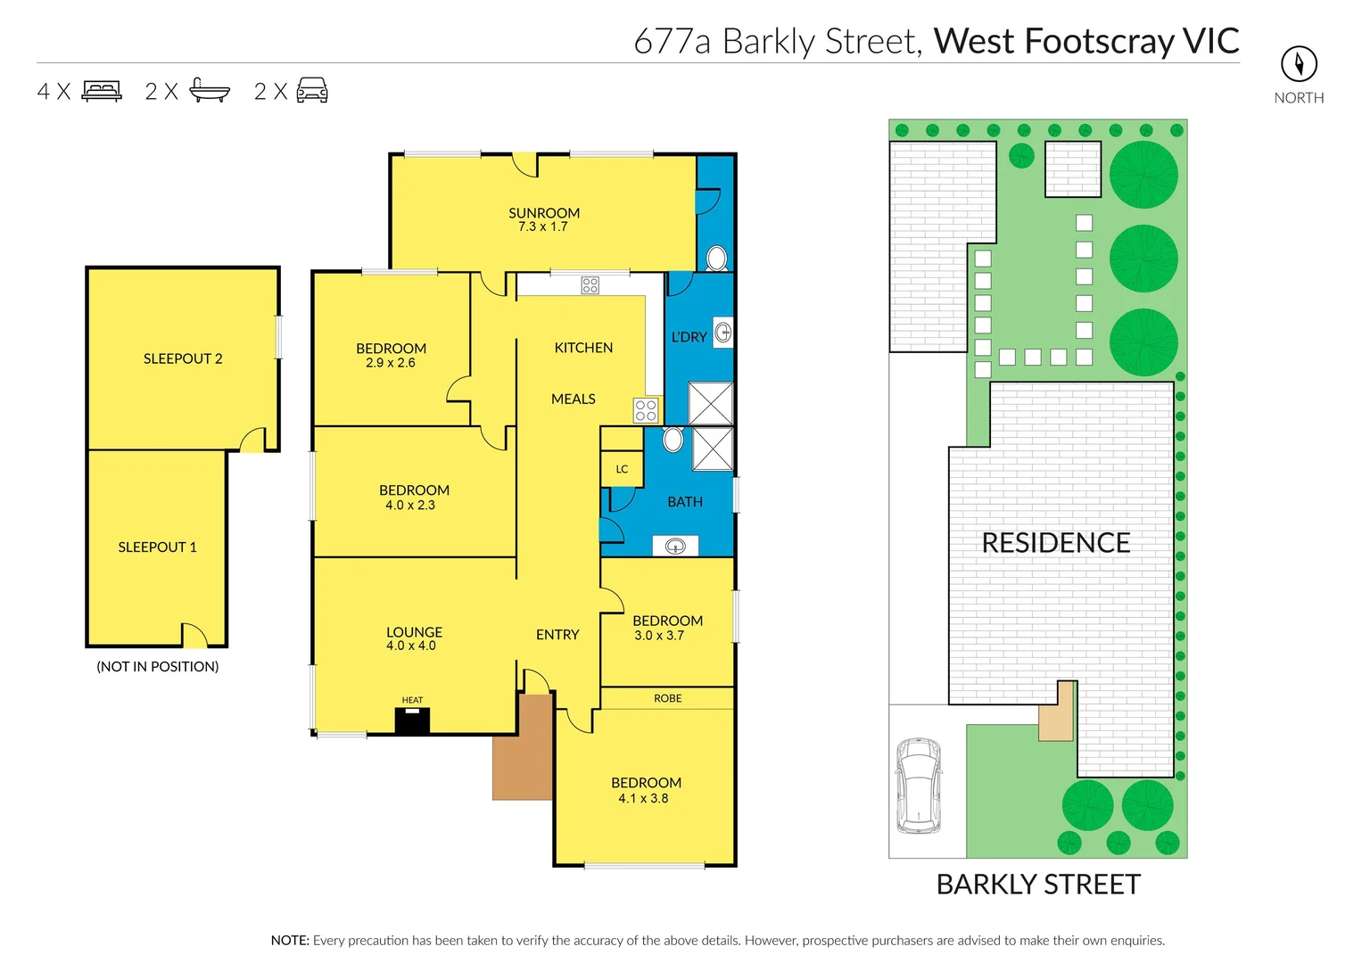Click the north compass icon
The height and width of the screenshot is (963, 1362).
coord(1299,63)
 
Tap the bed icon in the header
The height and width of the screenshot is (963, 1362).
coord(102,91)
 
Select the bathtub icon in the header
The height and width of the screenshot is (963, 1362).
coord(210,91)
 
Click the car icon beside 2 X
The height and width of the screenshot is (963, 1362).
coord(311,91)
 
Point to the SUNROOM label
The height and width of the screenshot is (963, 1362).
coord(544,213)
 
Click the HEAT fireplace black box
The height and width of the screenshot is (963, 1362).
coord(412,720)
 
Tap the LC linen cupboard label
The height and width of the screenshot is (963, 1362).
coord(622,469)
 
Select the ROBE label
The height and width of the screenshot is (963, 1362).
coord(667,698)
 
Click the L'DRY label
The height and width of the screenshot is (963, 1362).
coord(689,337)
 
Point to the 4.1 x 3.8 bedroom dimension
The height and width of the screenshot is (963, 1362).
coord(643,799)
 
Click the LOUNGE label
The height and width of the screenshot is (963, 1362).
coord(414,632)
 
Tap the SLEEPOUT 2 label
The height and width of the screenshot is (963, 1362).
coord(183,358)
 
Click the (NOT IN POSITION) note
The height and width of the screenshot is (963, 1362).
coord(158,667)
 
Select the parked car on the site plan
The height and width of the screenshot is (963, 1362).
coord(918,786)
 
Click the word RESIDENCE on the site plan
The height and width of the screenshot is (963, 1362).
coord(1056,543)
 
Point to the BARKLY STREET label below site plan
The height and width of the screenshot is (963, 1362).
coord(1038,885)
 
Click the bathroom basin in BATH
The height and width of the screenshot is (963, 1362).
coord(675,546)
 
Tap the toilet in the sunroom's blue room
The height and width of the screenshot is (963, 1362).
coord(716,259)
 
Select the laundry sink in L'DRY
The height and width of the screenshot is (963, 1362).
coord(723,333)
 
